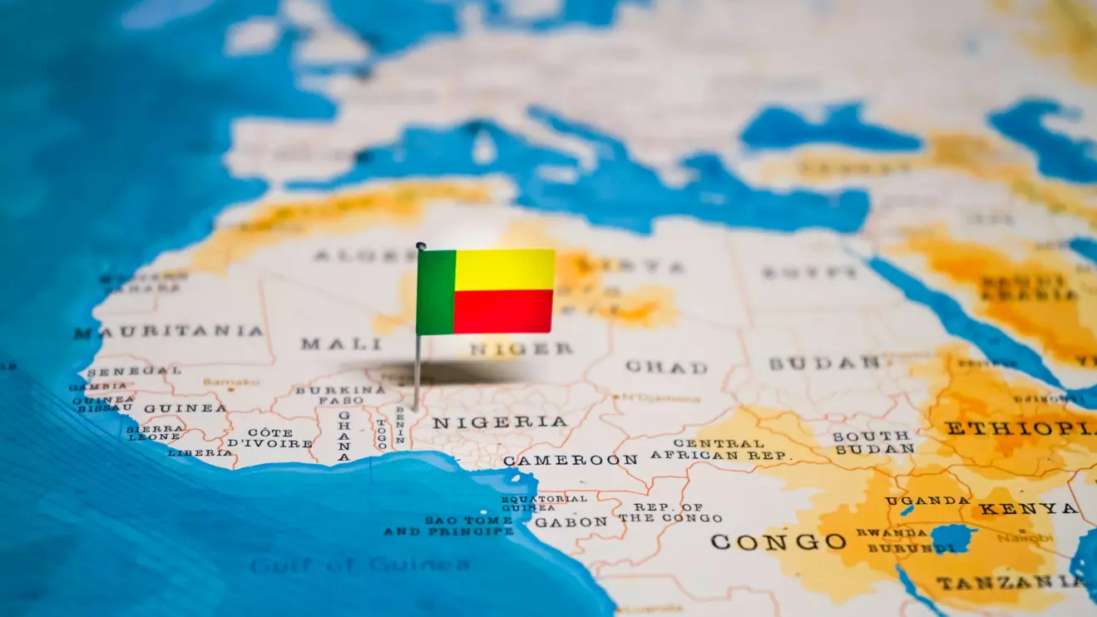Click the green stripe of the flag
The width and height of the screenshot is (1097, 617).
click(x=436, y=293)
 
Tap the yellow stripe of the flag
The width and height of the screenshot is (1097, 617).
click(x=504, y=269)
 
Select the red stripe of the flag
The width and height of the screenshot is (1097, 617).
click(x=503, y=312)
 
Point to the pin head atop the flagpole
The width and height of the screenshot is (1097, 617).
click(x=421, y=246)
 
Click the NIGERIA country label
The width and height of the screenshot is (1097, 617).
click(x=499, y=422)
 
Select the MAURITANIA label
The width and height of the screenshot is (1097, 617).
click(x=168, y=332)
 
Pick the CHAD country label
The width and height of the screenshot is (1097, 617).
click(x=666, y=367)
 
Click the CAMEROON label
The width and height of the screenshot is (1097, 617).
click(x=571, y=460)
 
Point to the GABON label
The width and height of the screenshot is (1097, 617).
click(x=571, y=522)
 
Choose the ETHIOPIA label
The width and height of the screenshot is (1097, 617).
click(x=1020, y=429)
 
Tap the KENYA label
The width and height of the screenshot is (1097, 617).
click(x=1028, y=508)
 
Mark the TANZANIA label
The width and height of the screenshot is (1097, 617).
click(x=1010, y=582)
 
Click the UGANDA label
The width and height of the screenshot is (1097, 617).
click(x=927, y=501)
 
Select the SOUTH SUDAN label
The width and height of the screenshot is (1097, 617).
click(x=872, y=442)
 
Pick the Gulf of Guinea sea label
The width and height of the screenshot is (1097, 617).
click(x=359, y=565)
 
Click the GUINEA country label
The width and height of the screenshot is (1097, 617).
click(x=185, y=408)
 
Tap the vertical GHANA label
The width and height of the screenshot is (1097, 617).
click(x=343, y=436)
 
